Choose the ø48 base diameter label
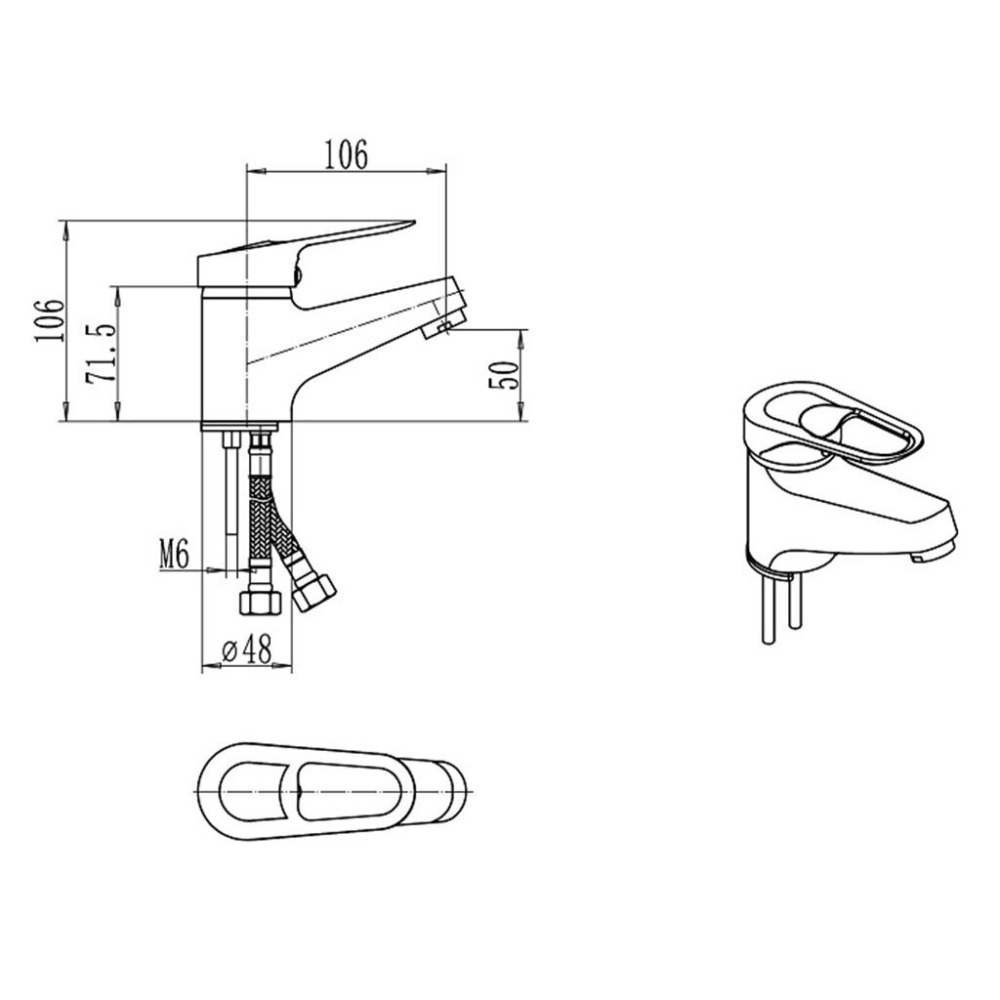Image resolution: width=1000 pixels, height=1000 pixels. [247, 649]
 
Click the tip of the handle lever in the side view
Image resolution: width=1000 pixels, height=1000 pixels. [414, 223]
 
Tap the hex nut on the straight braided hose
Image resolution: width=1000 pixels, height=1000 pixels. [260, 602]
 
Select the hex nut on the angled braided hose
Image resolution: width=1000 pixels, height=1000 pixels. [313, 593]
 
